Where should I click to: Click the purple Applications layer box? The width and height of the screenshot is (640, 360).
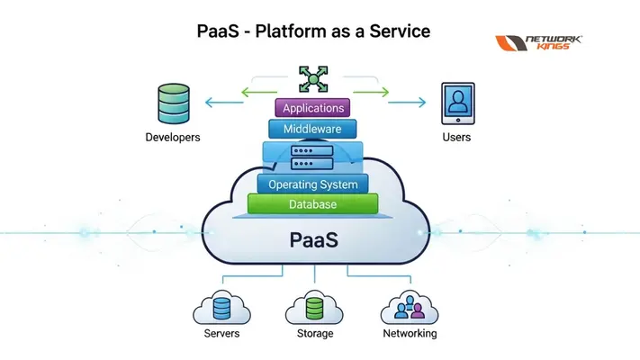pos(313,108)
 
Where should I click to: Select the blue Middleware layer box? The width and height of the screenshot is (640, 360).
pos(313,130)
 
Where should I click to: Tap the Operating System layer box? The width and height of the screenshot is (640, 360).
pos(313,184)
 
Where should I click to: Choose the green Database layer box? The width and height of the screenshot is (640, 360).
pos(313,205)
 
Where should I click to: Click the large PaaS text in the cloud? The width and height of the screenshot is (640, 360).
pos(314,240)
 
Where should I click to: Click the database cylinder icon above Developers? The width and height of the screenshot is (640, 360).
pos(172,103)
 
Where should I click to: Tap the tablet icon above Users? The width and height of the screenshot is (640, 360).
pos(457,103)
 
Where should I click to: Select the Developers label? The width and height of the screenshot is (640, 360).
pos(173,138)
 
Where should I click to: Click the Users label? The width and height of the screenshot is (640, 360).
pos(456,138)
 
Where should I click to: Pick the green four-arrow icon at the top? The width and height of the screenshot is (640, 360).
pos(313,78)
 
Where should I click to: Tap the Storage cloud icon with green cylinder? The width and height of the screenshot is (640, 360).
pos(314,309)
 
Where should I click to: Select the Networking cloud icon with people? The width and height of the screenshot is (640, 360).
pos(410,309)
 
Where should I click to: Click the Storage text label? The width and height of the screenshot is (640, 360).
pos(314,334)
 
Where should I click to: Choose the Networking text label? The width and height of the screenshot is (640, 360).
pos(410,334)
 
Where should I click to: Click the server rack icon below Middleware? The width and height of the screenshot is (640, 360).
pos(313,158)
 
